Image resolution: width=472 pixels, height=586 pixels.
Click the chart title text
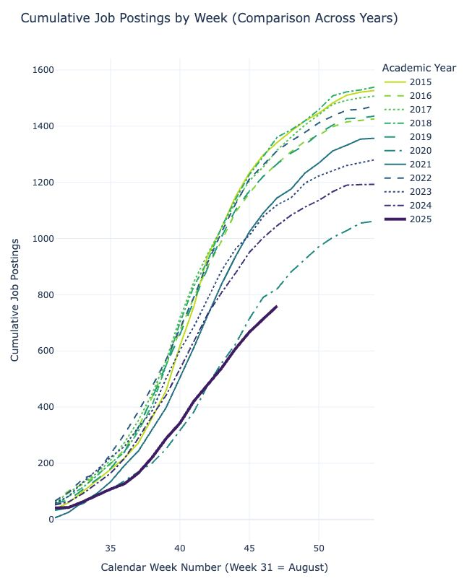coord(209,18)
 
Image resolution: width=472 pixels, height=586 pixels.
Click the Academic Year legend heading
coord(419,68)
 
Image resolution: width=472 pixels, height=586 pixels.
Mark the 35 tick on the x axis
coord(110,546)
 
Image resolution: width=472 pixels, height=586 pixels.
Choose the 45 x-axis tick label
coord(249,546)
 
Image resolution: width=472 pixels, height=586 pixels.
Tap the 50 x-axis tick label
coord(319,546)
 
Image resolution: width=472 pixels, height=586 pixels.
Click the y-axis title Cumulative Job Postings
coord(14,298)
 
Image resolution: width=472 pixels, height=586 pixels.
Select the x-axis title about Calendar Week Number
coord(214,568)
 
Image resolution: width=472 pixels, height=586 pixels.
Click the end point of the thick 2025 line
coord(277,306)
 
